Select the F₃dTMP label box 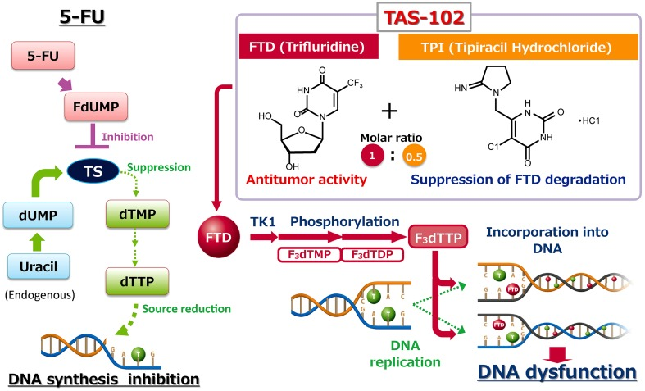(x=310, y=254)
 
